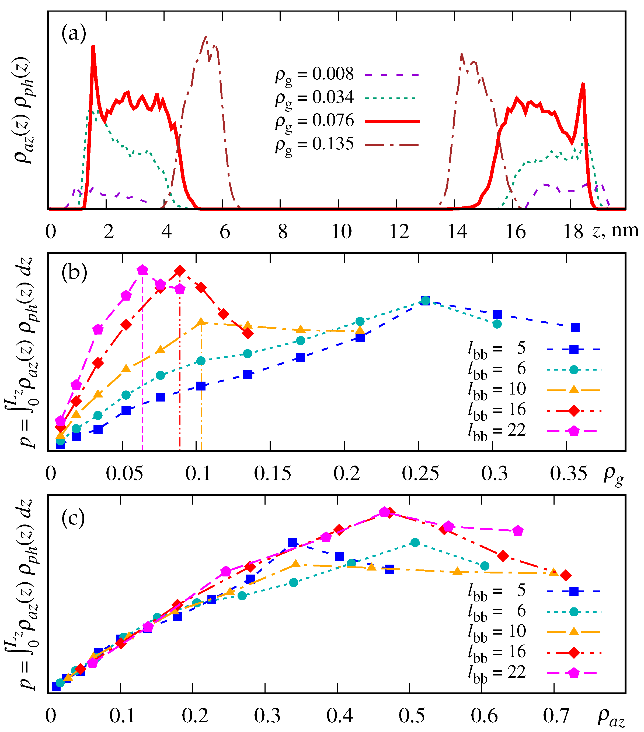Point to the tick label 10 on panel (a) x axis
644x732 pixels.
pos(341,232)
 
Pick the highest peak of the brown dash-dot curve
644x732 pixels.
pos(205,37)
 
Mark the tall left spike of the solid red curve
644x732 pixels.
pos(93,47)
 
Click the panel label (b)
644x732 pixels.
pos(74,273)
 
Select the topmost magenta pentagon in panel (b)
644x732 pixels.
pos(142,270)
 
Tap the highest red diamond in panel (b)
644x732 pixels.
pos(180,271)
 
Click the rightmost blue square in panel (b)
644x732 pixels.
pos(575,327)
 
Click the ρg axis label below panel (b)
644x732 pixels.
pos(614,475)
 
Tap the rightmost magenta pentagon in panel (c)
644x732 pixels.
pos(517,531)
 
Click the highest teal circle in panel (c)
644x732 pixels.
pos(415,543)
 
